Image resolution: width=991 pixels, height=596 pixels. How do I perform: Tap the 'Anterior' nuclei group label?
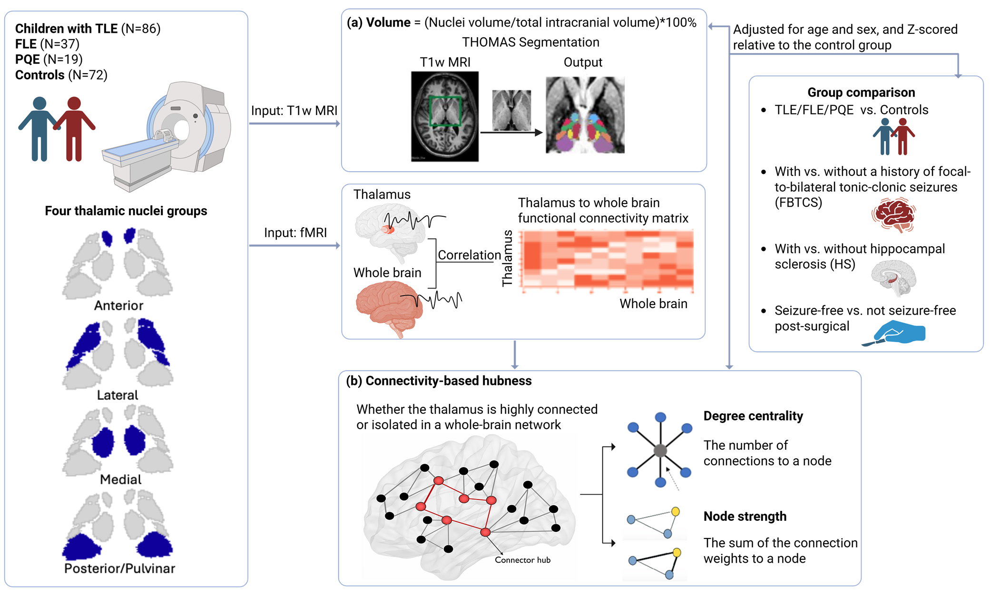[118, 305]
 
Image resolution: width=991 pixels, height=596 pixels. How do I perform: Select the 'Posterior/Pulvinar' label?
[119, 568]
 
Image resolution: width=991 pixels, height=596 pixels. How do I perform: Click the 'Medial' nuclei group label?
[120, 479]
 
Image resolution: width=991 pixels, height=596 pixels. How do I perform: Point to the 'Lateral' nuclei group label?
[118, 395]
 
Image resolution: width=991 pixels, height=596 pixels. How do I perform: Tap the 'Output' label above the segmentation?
[583, 62]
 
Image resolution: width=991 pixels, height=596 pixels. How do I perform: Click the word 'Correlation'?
[469, 255]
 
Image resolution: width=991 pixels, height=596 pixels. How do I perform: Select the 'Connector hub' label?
[522, 560]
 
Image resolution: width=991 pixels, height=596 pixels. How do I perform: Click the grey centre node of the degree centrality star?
[660, 450]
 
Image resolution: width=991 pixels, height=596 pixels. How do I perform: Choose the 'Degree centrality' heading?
[753, 416]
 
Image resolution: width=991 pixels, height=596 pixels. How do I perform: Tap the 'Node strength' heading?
[745, 516]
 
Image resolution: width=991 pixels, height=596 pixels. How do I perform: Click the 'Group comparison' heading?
[861, 92]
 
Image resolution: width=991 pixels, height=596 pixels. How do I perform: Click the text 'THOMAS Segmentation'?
[530, 42]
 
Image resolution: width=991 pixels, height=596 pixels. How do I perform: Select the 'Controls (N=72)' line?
[61, 75]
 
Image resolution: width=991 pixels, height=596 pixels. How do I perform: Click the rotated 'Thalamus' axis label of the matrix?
[507, 258]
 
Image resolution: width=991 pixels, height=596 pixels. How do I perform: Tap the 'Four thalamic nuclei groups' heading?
[126, 211]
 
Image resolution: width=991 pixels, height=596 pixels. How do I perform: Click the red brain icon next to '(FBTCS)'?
[894, 215]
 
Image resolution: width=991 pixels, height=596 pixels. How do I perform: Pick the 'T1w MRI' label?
[445, 62]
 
